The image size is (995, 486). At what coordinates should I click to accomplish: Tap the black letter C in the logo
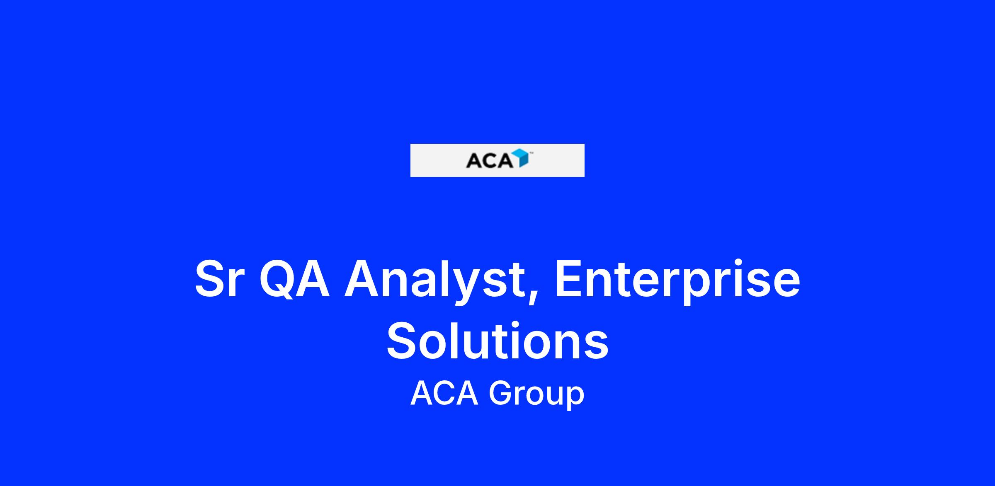(x=490, y=161)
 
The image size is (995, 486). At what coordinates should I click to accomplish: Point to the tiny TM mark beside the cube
(x=531, y=153)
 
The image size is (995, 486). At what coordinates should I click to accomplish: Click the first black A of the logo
(x=473, y=161)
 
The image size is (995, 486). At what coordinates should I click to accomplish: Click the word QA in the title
(x=295, y=280)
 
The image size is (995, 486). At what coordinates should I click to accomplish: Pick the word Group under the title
(x=536, y=394)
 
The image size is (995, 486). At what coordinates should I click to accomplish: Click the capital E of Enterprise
(x=569, y=279)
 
